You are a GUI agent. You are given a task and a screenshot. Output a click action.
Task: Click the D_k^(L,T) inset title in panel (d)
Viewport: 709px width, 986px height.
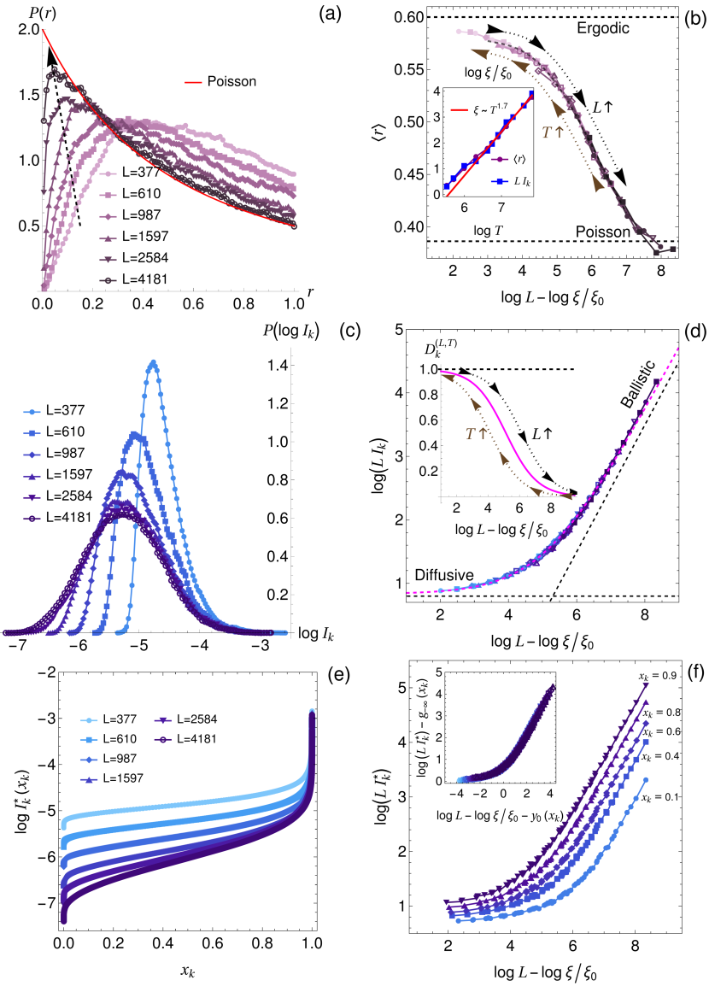[x=461, y=351]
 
